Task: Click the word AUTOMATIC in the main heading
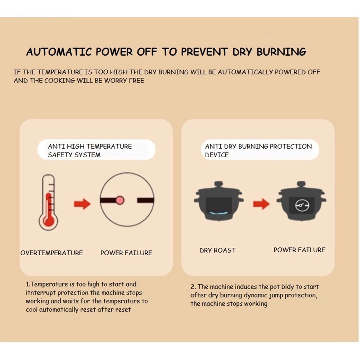(59, 52)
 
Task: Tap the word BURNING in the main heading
(281, 52)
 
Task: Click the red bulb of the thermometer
(49, 220)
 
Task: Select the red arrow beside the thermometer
(82, 204)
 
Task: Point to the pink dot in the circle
(120, 200)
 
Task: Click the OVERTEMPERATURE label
(51, 253)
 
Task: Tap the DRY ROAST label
(218, 250)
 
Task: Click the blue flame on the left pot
(219, 213)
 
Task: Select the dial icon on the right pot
(302, 205)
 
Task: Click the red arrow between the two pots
(261, 204)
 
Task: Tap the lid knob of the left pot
(219, 184)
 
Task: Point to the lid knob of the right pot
(301, 184)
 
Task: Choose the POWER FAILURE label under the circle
(126, 253)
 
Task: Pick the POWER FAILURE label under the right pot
(300, 250)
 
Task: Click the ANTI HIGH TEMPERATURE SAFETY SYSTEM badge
(96, 150)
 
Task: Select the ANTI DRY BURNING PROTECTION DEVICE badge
(260, 150)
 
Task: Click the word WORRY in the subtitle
(116, 81)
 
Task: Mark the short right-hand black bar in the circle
(145, 200)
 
